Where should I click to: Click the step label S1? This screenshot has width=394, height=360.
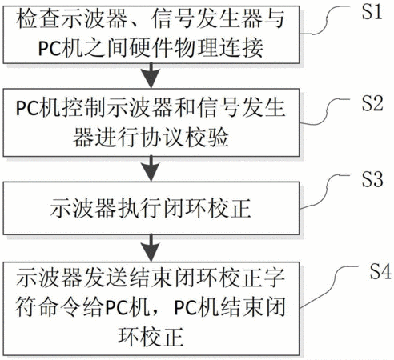pyautogui.click(x=372, y=11)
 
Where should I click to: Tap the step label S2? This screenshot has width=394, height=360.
pyautogui.click(x=372, y=103)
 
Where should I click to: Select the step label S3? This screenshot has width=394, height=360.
pyautogui.click(x=372, y=178)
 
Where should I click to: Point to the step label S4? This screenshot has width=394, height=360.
pyautogui.click(x=380, y=271)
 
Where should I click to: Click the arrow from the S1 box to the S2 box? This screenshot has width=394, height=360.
pyautogui.click(x=151, y=75)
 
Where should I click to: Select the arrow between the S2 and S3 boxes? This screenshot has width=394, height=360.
pyautogui.click(x=151, y=169)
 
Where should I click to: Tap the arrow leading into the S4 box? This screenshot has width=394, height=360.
pyautogui.click(x=151, y=248)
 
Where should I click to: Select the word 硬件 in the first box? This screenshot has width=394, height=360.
pyautogui.click(x=151, y=48)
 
